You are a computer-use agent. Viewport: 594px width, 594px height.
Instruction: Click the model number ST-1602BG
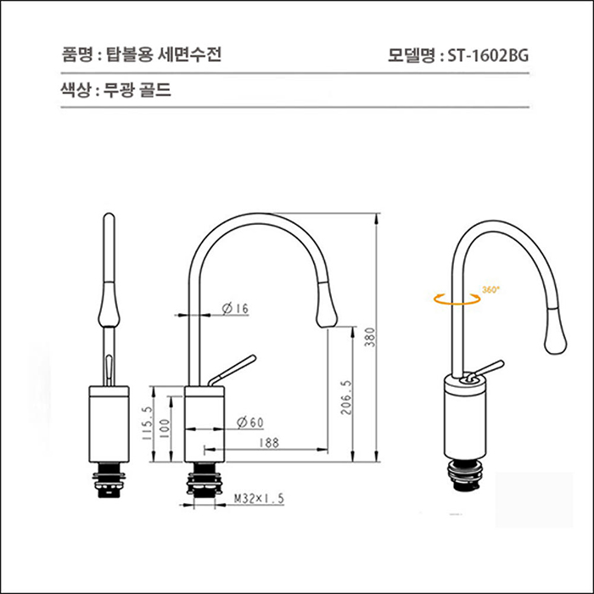(486, 56)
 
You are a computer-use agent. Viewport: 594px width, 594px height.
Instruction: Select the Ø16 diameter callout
(234, 310)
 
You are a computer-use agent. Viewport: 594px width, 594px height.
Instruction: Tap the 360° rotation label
(490, 289)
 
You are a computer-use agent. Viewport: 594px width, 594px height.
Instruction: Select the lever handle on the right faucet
(488, 368)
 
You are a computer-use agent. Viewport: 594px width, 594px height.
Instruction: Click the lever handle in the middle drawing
(234, 367)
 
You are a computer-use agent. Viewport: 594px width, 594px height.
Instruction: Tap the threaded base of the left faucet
(109, 482)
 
